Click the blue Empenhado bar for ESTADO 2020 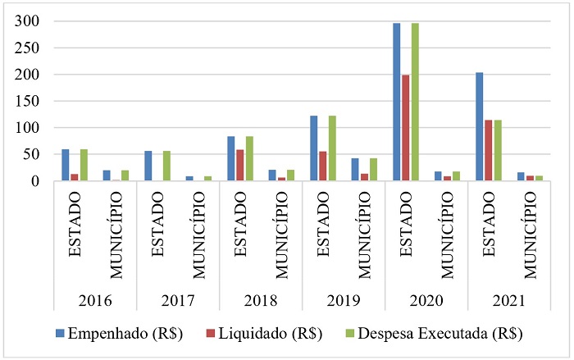(397, 103)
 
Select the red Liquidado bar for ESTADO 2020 (406, 128)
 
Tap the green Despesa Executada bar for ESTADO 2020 (415, 103)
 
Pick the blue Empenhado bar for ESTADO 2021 (480, 127)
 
